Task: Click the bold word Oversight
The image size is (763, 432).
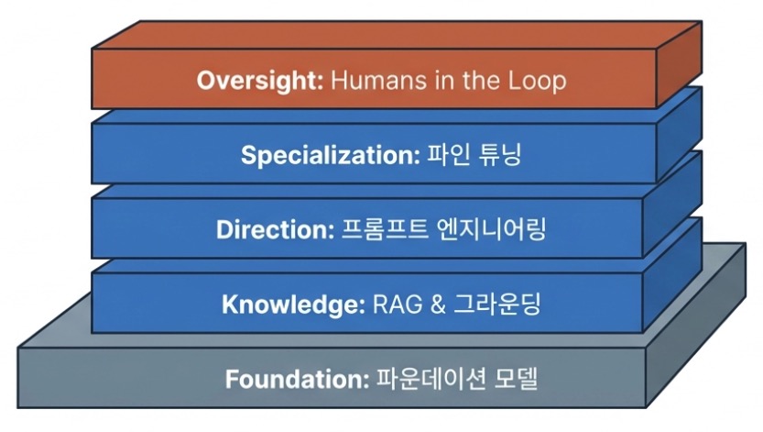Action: click(260, 81)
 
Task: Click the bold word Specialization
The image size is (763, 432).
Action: click(331, 156)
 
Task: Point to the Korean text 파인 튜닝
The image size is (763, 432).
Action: click(474, 155)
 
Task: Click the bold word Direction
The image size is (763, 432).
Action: click(275, 229)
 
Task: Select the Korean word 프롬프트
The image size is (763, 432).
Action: click(385, 229)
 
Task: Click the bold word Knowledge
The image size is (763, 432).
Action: click(293, 305)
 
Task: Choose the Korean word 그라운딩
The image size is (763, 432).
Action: click(496, 304)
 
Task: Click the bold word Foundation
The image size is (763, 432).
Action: click(298, 379)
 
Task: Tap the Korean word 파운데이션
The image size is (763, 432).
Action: click(431, 379)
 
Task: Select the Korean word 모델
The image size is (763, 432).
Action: click(516, 379)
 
